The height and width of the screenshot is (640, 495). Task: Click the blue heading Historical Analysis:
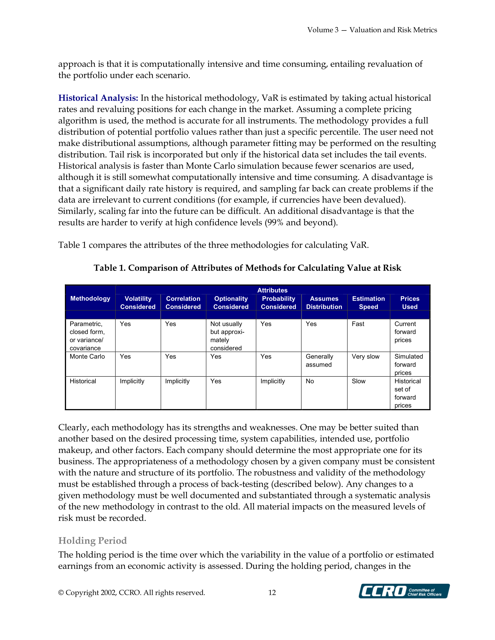pyautogui.click(x=98, y=98)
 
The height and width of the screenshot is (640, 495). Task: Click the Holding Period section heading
pyautogui.click(x=92, y=540)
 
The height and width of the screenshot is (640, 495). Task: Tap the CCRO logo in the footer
pyautogui.click(x=404, y=591)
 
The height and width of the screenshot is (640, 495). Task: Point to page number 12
pyautogui.click(x=272, y=593)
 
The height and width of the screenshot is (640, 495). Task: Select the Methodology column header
pyautogui.click(x=90, y=299)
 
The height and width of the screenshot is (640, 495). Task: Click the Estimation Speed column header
pyautogui.click(x=368, y=303)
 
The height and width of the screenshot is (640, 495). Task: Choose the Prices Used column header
pyautogui.click(x=410, y=303)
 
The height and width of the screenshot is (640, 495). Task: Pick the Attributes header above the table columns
pyautogui.click(x=272, y=290)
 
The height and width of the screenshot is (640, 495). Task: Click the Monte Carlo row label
pyautogui.click(x=87, y=357)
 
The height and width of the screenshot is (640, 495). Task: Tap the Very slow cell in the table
pyautogui.click(x=365, y=357)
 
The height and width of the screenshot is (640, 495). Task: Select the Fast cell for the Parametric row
pyautogui.click(x=358, y=324)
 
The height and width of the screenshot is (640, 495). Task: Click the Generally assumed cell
pyautogui.click(x=319, y=361)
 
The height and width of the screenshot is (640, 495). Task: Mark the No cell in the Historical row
pyautogui.click(x=310, y=381)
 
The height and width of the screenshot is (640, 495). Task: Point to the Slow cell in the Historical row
pyautogui.click(x=358, y=381)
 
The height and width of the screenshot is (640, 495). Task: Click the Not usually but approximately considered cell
pyautogui.click(x=227, y=336)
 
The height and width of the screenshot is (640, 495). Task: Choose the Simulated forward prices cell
pyautogui.click(x=408, y=364)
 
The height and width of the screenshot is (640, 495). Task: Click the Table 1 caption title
pyautogui.click(x=247, y=268)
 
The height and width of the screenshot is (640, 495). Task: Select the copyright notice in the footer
pyautogui.click(x=132, y=593)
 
